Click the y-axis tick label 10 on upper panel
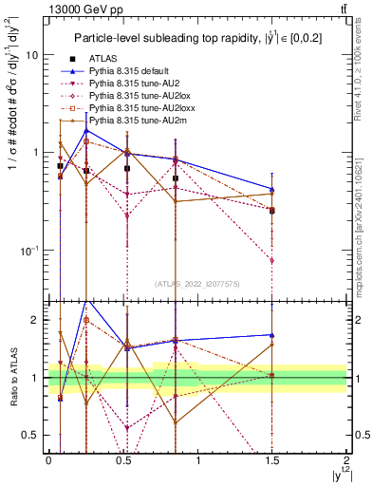pyautogui.click(x=31, y=54)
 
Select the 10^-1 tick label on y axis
pyautogui.click(x=28, y=250)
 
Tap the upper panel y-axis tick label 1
pyautogui.click(x=35, y=152)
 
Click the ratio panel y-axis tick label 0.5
pyautogui.click(x=31, y=435)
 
